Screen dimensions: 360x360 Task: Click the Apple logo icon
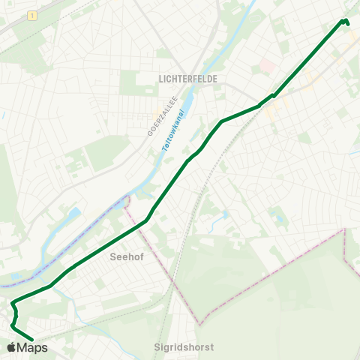pyautogui.click(x=11, y=347)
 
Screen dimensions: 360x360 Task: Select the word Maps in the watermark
pyautogui.click(x=32, y=347)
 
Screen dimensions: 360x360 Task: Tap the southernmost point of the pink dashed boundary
pyautogui.click(x=200, y=325)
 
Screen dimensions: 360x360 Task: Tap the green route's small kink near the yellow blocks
pyautogui.click(x=272, y=96)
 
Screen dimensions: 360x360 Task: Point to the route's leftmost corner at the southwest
pyautogui.click(x=12, y=304)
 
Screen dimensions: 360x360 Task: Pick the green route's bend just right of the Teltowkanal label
pyautogui.click(x=222, y=121)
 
